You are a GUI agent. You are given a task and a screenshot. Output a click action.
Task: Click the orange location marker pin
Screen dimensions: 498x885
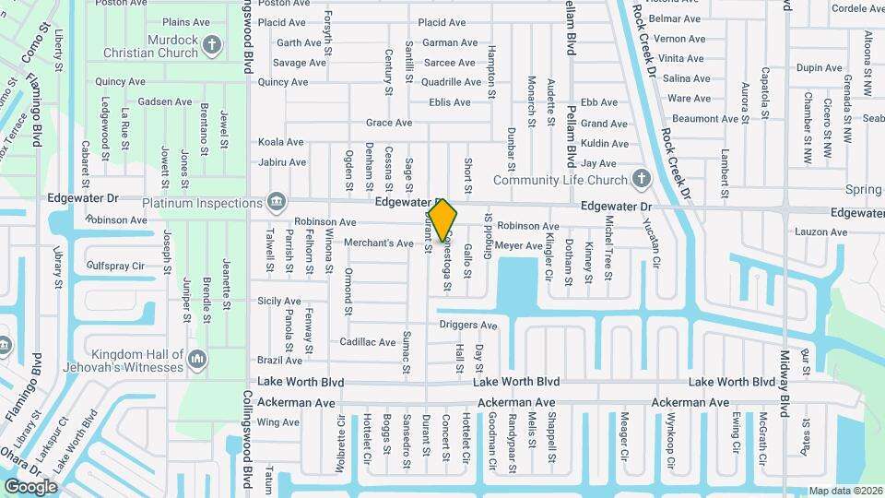442,219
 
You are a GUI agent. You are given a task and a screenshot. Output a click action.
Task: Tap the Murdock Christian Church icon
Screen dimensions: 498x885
212,43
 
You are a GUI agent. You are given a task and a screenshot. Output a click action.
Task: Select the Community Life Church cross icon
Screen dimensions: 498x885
643,179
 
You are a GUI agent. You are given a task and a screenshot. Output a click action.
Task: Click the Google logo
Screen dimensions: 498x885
30,486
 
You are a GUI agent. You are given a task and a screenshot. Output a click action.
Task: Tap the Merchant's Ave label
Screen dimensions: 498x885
378,243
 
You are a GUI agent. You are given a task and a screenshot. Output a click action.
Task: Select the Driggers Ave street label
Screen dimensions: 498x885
467,325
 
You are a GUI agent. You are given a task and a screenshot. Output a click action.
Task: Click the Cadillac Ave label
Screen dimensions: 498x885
367,342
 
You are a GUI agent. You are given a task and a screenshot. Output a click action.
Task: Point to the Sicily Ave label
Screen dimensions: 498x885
278,301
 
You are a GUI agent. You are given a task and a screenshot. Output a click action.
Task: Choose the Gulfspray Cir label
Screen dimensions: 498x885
114,266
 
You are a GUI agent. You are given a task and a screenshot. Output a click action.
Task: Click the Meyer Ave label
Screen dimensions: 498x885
518,245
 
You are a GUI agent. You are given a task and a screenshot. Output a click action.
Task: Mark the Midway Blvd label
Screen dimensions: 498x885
785,383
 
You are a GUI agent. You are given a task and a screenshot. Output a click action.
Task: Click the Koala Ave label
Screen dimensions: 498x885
280,142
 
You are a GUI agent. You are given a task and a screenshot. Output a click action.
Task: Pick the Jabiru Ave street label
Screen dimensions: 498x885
281,162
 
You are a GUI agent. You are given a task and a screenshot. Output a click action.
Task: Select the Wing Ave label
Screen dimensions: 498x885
278,422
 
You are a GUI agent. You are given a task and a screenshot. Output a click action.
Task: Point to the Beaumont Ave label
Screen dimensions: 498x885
705,118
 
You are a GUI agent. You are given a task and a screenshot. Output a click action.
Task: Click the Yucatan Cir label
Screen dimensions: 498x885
656,248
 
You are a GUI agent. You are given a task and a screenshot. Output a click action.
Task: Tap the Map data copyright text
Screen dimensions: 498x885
845,491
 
